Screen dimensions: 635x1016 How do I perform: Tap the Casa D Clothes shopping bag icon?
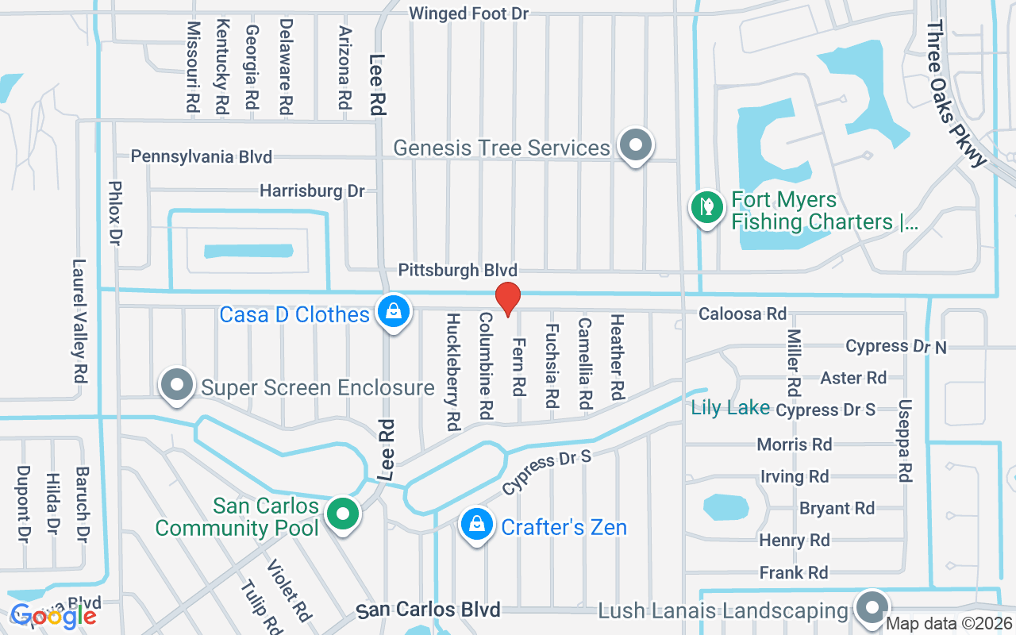(x=393, y=311)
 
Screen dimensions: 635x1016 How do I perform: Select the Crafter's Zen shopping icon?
(x=476, y=525)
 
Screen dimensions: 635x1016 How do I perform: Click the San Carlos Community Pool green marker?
(x=343, y=513)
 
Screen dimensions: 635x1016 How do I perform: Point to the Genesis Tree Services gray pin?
(x=635, y=145)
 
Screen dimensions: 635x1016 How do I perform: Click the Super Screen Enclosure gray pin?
(x=177, y=385)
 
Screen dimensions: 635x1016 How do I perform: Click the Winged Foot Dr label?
(x=468, y=13)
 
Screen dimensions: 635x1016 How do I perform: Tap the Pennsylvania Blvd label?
(x=202, y=156)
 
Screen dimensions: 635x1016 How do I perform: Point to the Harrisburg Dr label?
(x=312, y=191)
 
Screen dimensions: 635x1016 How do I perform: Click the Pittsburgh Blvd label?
(x=457, y=271)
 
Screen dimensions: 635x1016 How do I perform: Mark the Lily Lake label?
(x=730, y=408)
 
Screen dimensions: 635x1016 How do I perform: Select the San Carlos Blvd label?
(x=428, y=610)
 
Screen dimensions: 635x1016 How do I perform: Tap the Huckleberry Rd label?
(x=452, y=371)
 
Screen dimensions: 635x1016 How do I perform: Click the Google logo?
(x=52, y=615)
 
